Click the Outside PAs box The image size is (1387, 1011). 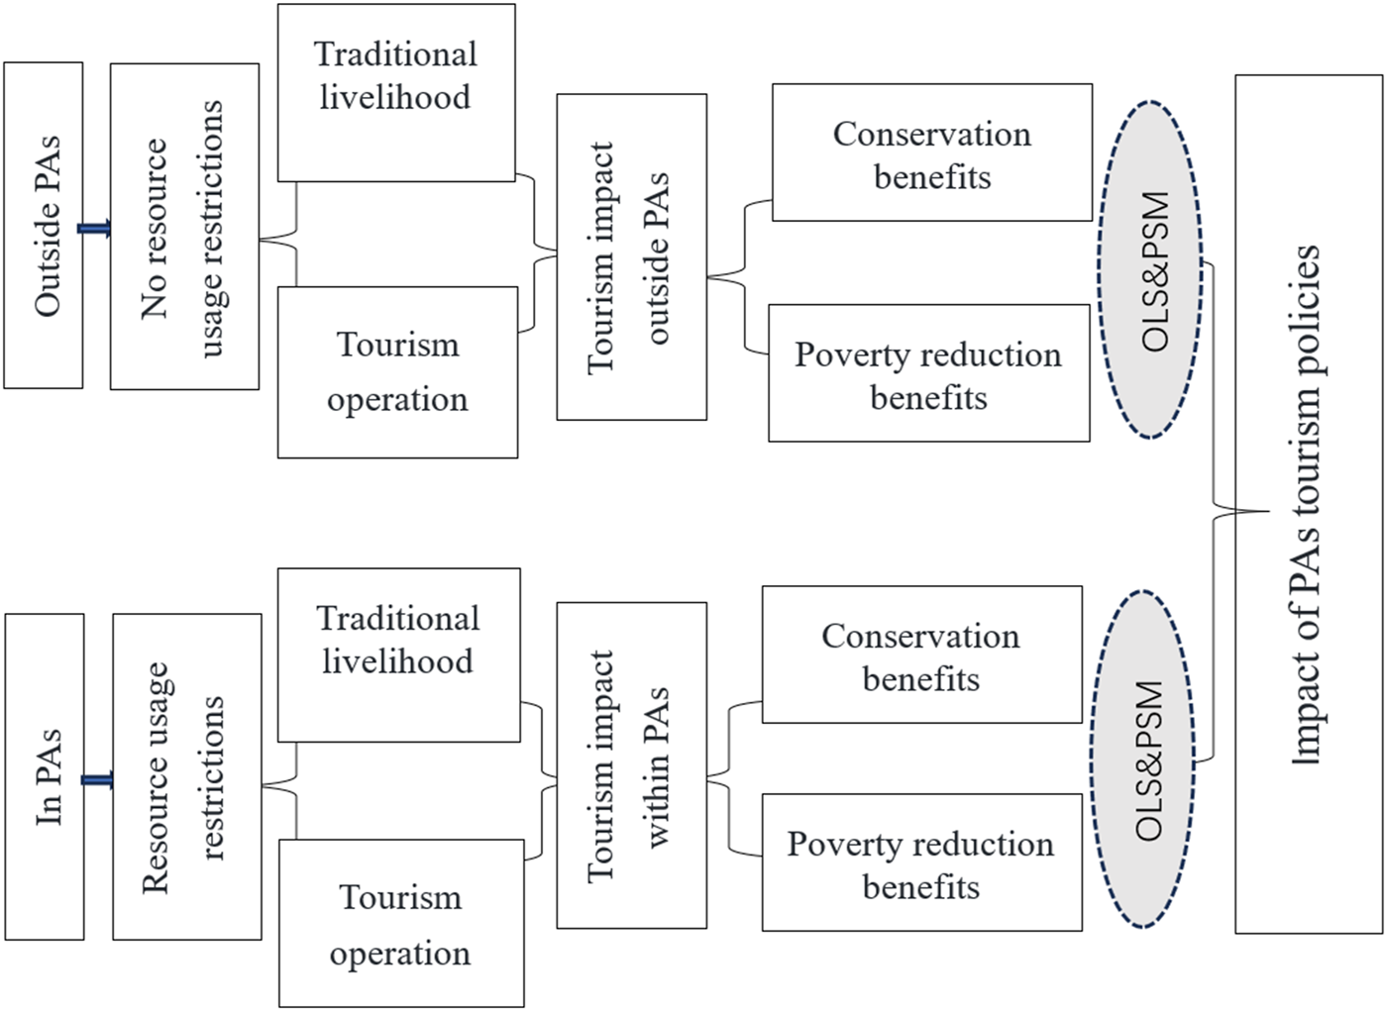click(x=44, y=226)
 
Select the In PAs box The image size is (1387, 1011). click(x=45, y=776)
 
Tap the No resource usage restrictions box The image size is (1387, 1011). click(x=184, y=226)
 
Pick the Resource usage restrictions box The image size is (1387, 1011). click(x=187, y=776)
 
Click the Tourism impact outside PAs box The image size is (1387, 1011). click(x=631, y=256)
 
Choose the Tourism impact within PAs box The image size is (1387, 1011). click(x=631, y=764)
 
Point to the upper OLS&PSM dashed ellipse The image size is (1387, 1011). click(x=1150, y=269)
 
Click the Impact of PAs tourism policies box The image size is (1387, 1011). click(x=1308, y=504)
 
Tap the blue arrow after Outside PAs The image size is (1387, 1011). click(x=95, y=230)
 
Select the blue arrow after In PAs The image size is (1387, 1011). click(x=97, y=780)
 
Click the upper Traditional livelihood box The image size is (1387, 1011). click(x=396, y=93)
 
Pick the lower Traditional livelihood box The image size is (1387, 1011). click(x=398, y=655)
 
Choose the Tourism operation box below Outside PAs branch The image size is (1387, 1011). click(x=397, y=372)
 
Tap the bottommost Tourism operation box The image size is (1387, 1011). click(x=401, y=923)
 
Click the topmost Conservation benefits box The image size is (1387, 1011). click(x=931, y=152)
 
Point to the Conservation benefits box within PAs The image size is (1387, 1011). click(x=921, y=655)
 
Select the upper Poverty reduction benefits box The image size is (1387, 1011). click(x=928, y=373)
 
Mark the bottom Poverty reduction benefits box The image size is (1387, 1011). click(x=921, y=862)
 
